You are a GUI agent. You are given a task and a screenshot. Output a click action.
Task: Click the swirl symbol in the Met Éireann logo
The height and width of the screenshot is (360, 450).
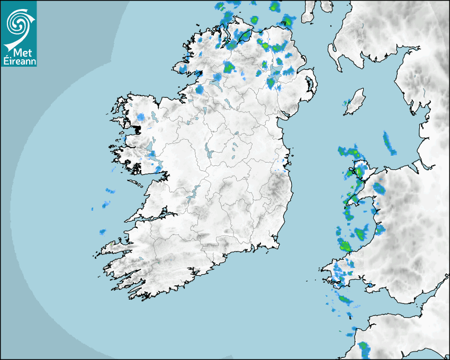click(x=19, y=22)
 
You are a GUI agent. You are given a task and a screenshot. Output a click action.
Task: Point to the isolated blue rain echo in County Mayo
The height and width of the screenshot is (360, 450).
click(x=141, y=117)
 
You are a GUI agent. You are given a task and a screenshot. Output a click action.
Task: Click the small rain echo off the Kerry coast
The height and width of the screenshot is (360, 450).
click(x=102, y=232)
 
